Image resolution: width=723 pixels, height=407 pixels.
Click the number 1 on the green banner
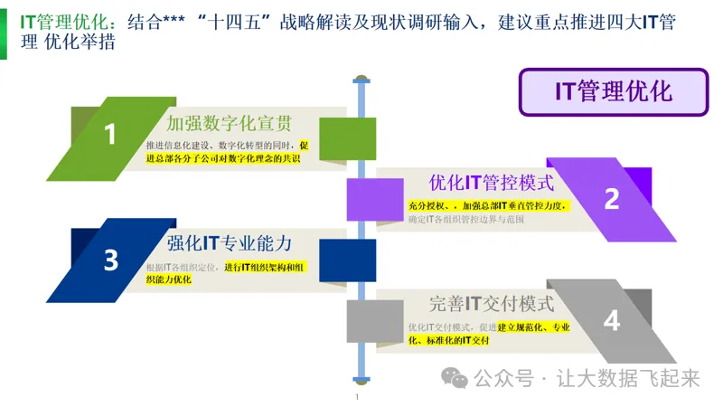(110, 135)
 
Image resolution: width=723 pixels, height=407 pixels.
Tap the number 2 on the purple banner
(612, 199)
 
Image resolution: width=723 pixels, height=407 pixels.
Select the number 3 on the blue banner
(110, 260)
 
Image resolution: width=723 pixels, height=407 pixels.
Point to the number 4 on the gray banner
(612, 320)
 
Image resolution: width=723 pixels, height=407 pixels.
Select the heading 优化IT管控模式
(491, 183)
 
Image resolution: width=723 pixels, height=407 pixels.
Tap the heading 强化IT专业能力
(229, 242)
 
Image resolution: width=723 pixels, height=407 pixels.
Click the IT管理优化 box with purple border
(612, 91)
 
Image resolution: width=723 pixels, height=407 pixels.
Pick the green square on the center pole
(361, 138)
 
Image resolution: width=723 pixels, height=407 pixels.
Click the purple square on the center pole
(361, 199)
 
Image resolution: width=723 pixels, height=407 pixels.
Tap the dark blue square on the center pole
(361, 260)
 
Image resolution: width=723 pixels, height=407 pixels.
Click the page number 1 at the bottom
(357, 397)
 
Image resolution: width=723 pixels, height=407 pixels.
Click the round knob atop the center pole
(361, 76)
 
